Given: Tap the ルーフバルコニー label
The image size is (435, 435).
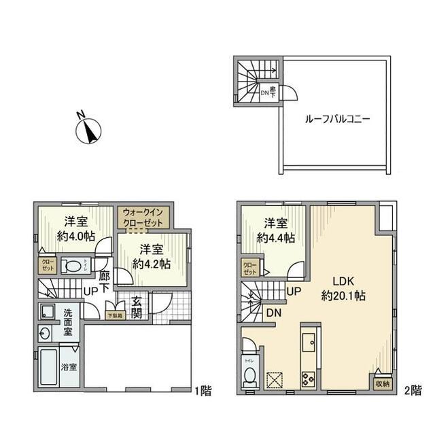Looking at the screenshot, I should click(x=337, y=118).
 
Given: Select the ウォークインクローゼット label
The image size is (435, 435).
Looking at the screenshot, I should click(x=143, y=217).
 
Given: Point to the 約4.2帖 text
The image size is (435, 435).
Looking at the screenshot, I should click(x=150, y=256).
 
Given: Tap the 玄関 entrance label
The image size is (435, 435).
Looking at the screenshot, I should click(x=137, y=308).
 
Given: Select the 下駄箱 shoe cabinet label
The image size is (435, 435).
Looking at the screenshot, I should click(x=115, y=315).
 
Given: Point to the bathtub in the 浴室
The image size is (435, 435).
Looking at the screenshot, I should click(x=48, y=370).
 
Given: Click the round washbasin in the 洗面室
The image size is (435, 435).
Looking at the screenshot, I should click(x=45, y=334).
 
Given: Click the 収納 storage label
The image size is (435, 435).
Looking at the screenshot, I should click(x=382, y=383).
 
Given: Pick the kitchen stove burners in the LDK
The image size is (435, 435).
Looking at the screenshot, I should click(x=308, y=379).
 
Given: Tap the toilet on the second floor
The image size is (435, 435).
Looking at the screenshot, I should click(x=249, y=374).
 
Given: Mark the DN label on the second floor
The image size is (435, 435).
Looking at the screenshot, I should click(x=274, y=313).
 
